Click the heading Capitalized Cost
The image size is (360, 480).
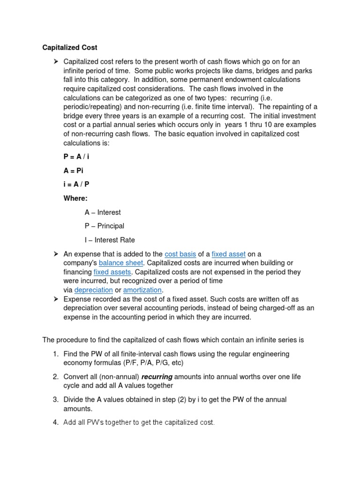coord(70,47)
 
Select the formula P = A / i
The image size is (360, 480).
coord(76,157)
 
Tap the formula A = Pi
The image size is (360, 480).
coord(73,171)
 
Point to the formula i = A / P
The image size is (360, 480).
coord(76,184)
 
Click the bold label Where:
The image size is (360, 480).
coord(75,198)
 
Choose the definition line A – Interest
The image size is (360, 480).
coord(103,212)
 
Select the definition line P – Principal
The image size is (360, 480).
coord(104,226)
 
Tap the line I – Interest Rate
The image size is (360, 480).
coord(110,240)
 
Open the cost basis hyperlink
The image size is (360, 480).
coord(180,254)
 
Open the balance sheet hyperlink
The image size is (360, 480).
coord(120,263)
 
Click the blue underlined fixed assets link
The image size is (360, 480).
coord(112,272)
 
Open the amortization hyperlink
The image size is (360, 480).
coord(142,290)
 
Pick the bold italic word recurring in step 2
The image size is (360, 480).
coord(157,376)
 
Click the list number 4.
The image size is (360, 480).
coord(55,422)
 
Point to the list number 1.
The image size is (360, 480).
coord(55,354)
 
